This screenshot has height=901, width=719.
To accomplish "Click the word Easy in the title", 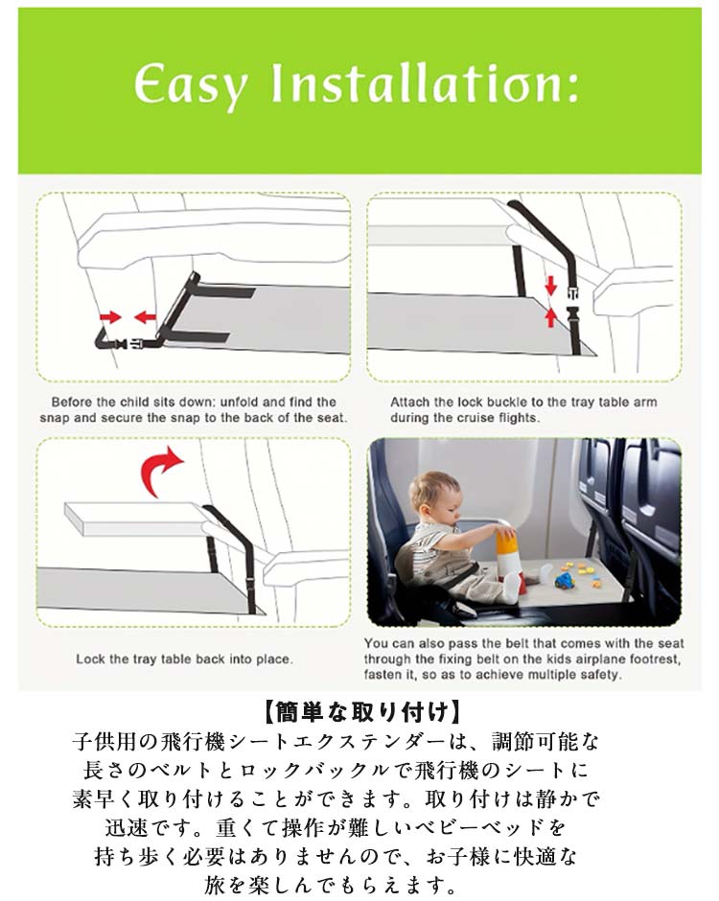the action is coord(191,86).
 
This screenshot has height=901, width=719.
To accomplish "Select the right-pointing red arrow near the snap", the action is coord(110,316).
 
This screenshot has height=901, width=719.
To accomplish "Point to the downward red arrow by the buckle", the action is coord(551,286).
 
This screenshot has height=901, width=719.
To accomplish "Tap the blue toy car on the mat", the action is coord(565,581).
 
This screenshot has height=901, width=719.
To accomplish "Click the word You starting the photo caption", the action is coord(376,643).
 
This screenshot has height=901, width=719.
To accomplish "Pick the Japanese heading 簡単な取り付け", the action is coord(362,712).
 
